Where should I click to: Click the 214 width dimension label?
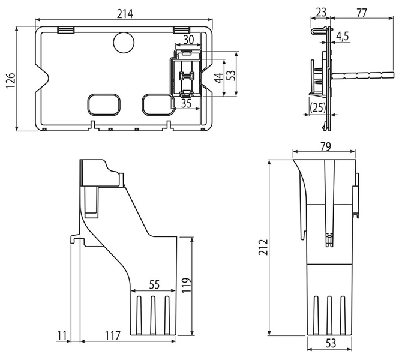pyautogui.click(x=125, y=14)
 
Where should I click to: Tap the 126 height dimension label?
pyautogui.click(x=11, y=80)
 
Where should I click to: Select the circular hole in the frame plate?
pyautogui.click(x=124, y=43)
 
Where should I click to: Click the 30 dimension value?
pyautogui.click(x=188, y=40)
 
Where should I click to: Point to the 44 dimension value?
pyautogui.click(x=219, y=78)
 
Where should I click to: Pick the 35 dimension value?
pyautogui.click(x=186, y=104)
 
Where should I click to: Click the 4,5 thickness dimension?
pyautogui.click(x=342, y=37)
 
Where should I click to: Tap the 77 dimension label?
pyautogui.click(x=361, y=13)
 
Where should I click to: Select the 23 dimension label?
pyautogui.click(x=320, y=12)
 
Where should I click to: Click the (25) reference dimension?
pyautogui.click(x=318, y=107)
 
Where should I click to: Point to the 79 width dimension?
pyautogui.click(x=325, y=147)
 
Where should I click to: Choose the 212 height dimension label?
pyautogui.click(x=263, y=247)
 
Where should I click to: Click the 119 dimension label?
pyautogui.click(x=187, y=286)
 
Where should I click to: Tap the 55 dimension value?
pyautogui.click(x=154, y=284)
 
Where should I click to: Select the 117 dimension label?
pyautogui.click(x=112, y=335)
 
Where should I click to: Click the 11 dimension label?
pyautogui.click(x=62, y=335)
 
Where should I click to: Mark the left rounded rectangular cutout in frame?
pyautogui.click(x=104, y=104)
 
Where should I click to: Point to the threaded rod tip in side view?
pyautogui.click(x=393, y=76)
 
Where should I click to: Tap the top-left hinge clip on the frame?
pyautogui.click(x=66, y=30)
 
